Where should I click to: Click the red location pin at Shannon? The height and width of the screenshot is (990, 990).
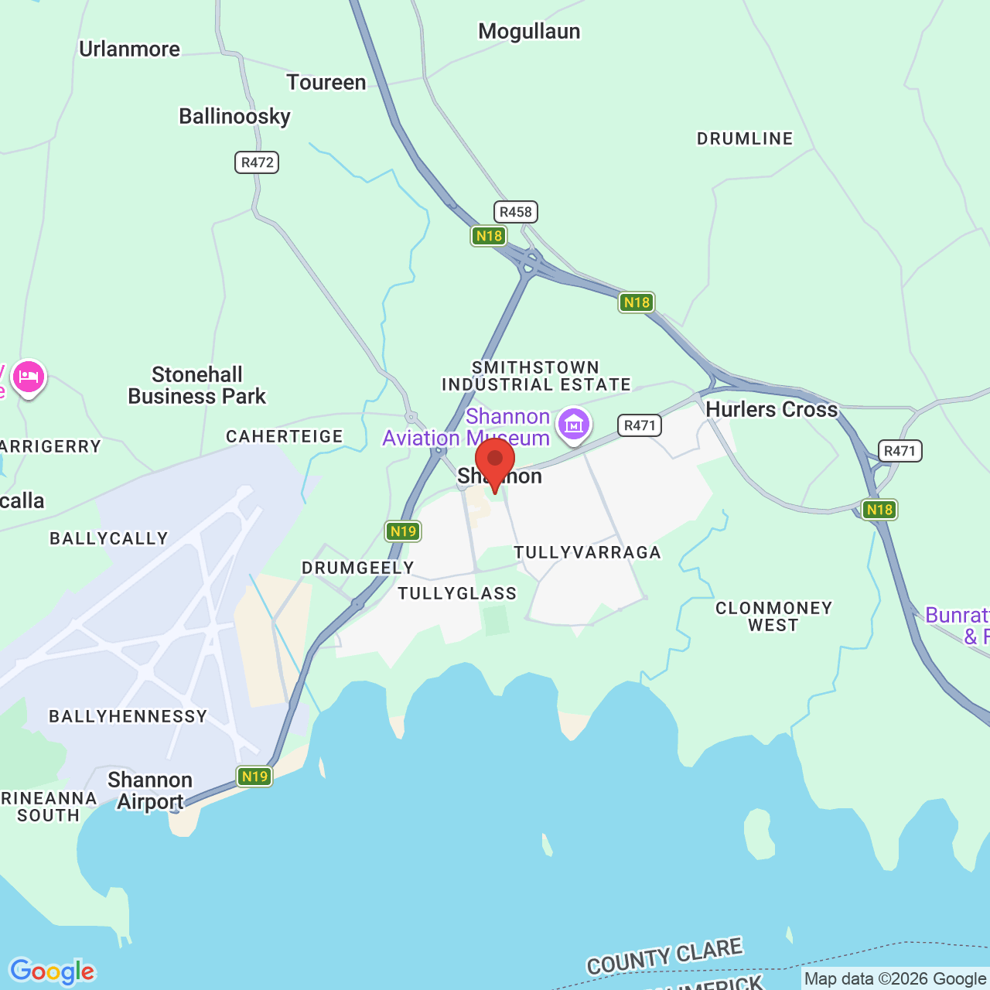click(x=495, y=459)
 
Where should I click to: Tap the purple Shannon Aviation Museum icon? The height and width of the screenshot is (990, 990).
click(x=574, y=424)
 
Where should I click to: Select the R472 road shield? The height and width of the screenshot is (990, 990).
click(x=257, y=162)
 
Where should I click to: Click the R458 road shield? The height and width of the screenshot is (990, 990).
click(x=516, y=212)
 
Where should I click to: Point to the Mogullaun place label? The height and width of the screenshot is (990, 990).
click(x=529, y=32)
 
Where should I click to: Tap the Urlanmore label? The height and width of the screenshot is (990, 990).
click(x=129, y=49)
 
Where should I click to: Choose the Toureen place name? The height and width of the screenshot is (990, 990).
click(x=326, y=83)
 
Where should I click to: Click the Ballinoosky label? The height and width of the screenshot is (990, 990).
click(x=234, y=117)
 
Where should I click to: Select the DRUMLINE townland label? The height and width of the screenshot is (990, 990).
click(x=745, y=139)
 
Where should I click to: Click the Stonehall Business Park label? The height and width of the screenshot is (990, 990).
click(x=196, y=385)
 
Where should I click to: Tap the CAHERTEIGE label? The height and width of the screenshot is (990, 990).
click(x=285, y=437)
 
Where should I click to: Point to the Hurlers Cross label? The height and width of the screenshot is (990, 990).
click(x=772, y=410)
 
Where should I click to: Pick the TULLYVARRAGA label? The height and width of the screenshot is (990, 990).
click(x=588, y=552)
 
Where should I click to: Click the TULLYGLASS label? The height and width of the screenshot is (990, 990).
click(x=457, y=594)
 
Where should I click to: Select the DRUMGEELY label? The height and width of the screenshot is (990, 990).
click(x=358, y=568)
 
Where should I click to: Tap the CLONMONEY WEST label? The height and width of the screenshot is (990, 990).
click(x=773, y=616)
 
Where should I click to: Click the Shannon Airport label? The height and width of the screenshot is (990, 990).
click(x=150, y=790)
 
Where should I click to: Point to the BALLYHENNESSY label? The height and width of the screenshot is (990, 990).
click(x=128, y=717)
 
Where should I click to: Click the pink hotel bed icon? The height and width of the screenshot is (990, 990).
click(x=29, y=377)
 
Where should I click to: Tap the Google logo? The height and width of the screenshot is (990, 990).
click(x=53, y=971)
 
